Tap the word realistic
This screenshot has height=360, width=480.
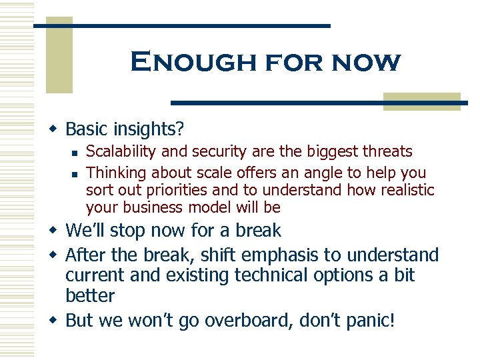[x=403, y=190]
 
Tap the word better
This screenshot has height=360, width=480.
[x=90, y=295]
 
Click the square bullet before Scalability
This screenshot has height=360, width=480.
[x=75, y=153]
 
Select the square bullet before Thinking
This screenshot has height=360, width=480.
[x=75, y=173]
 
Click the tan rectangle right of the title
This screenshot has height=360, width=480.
[x=422, y=101]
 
